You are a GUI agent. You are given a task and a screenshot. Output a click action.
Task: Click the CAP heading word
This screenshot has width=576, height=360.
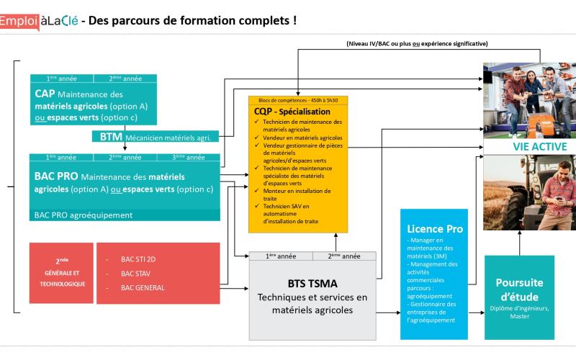coord(44,94)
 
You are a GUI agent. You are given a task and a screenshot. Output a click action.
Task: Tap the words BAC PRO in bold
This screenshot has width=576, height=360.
coord(57,176)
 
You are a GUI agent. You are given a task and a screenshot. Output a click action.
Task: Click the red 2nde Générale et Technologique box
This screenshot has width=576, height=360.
coord(61,272)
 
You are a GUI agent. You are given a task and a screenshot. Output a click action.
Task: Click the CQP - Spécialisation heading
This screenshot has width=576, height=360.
coord(292,112)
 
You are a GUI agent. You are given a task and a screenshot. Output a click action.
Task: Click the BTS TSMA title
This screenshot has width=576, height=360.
coord(312,284)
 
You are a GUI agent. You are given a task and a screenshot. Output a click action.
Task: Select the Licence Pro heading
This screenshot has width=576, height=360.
coord(433,228)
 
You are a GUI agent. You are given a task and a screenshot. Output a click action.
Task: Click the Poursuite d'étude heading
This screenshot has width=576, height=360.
coord(519,289)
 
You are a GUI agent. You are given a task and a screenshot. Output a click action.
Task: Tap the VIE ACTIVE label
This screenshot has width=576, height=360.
coord(539,147)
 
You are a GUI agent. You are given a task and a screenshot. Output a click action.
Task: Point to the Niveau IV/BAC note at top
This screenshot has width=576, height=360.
coord(417,44)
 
